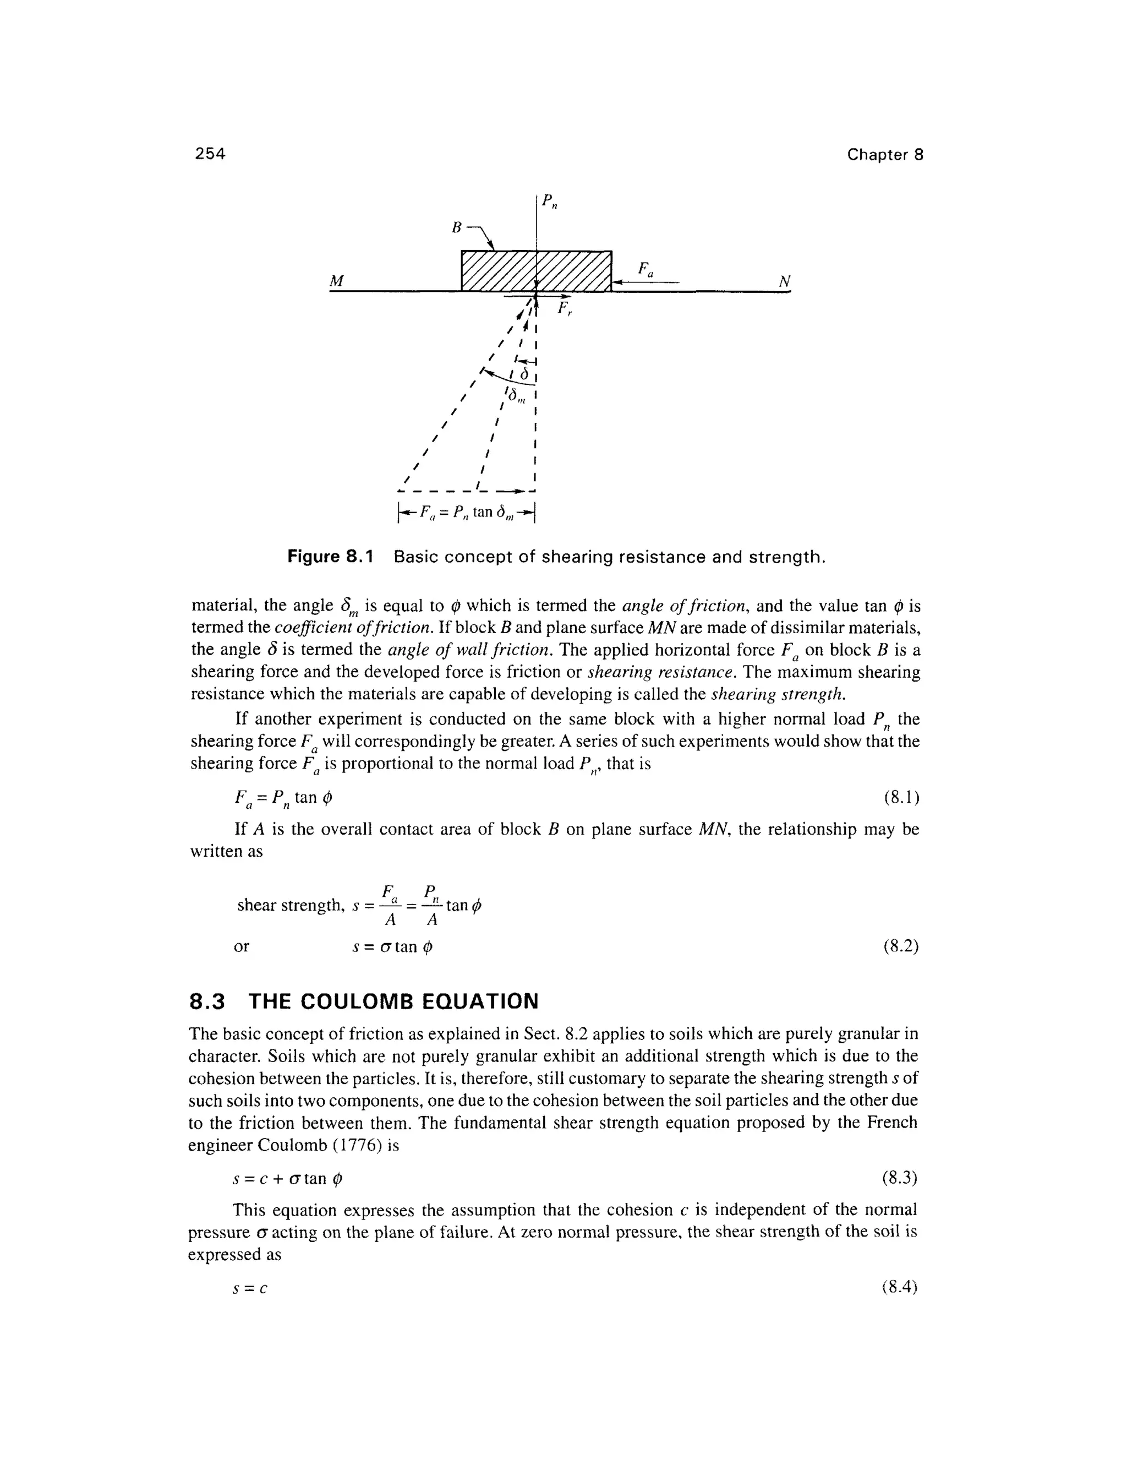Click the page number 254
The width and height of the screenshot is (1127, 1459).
tap(210, 154)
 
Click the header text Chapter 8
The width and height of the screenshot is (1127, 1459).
tap(885, 155)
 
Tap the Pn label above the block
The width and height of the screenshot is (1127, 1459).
tap(549, 201)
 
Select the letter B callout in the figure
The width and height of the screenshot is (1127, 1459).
tap(457, 228)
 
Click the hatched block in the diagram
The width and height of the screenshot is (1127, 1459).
tap(536, 270)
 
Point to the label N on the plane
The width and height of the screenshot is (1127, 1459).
tap(785, 281)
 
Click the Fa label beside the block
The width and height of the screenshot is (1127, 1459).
tap(645, 270)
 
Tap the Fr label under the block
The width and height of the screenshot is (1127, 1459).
tap(565, 309)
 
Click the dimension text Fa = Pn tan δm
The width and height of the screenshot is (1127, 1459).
tap(467, 513)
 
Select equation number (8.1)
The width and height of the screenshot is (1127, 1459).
tap(901, 797)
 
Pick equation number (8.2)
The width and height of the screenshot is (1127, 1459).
tap(901, 946)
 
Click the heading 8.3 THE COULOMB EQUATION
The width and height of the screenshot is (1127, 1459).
tap(364, 1001)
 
